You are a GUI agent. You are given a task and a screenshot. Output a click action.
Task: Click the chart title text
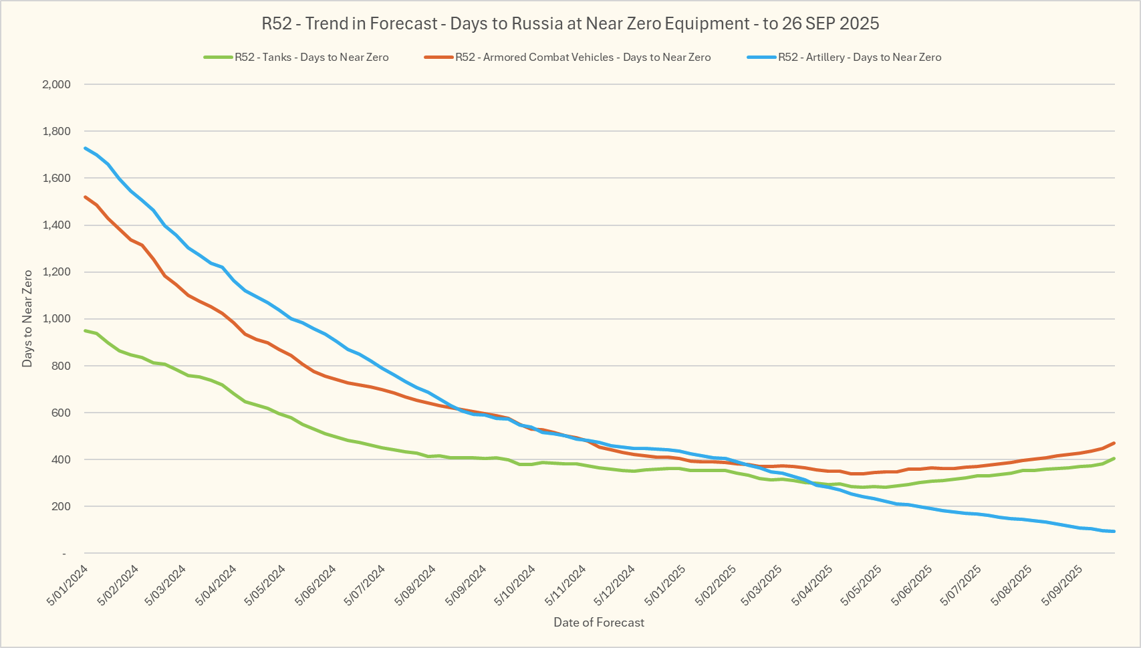click(570, 24)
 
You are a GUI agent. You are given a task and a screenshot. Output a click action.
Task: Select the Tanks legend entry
click(311, 58)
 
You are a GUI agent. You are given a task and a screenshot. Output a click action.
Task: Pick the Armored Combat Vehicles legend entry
click(583, 58)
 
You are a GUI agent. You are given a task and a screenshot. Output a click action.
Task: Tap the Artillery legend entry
click(859, 58)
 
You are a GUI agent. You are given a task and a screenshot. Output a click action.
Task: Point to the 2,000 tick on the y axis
click(56, 84)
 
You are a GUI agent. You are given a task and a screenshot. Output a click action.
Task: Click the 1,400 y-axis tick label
click(56, 225)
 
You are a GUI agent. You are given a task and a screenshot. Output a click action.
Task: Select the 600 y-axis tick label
click(61, 413)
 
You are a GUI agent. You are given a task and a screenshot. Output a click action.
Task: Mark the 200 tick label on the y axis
click(61, 506)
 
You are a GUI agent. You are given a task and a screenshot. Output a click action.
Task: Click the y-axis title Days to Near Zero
click(27, 318)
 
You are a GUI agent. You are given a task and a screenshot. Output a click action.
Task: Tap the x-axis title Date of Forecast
click(599, 623)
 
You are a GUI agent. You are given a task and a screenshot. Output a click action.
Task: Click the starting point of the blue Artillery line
click(85, 148)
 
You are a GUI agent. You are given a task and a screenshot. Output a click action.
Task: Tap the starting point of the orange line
click(85, 197)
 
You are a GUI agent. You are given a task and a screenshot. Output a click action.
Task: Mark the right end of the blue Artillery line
click(1114, 532)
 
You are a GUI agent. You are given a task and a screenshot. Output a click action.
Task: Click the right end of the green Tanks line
click(1114, 458)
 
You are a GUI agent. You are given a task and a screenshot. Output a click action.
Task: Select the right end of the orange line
click(1114, 443)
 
